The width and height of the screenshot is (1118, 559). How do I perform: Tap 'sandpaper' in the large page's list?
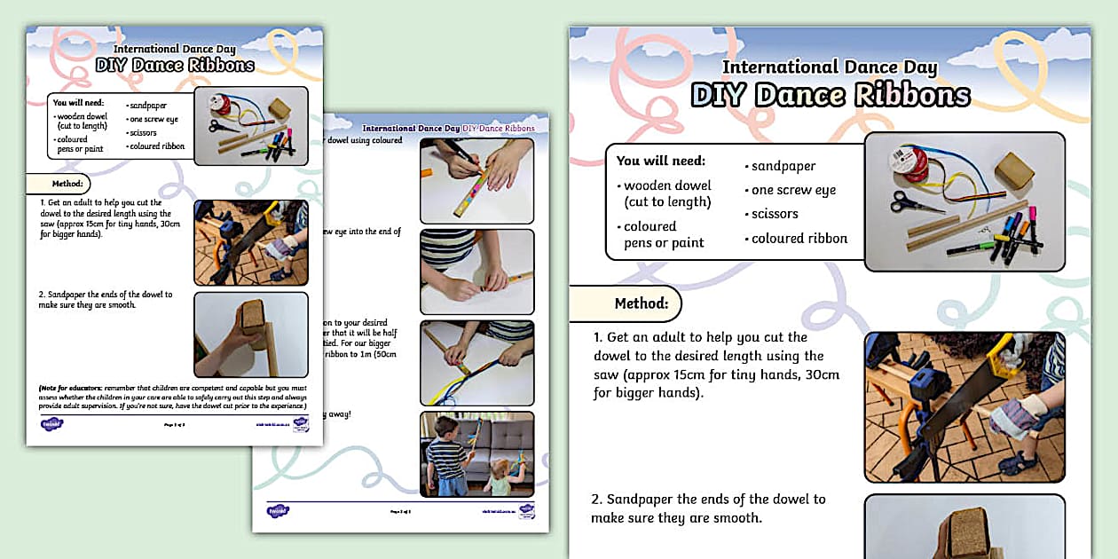pyautogui.click(x=783, y=166)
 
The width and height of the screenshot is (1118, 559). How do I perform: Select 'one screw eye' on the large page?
pyautogui.click(x=793, y=190)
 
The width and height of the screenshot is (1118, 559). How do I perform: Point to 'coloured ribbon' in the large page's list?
pyautogui.click(x=799, y=238)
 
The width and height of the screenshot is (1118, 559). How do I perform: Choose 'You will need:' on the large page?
pyautogui.click(x=661, y=161)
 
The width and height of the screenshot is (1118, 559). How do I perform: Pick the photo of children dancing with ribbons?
pyautogui.click(x=476, y=453)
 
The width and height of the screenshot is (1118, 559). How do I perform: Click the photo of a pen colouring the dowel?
pyautogui.click(x=476, y=180)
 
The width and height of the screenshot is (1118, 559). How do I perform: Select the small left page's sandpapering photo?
pyautogui.click(x=250, y=335)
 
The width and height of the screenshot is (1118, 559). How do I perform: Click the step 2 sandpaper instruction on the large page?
pyautogui.click(x=710, y=508)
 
